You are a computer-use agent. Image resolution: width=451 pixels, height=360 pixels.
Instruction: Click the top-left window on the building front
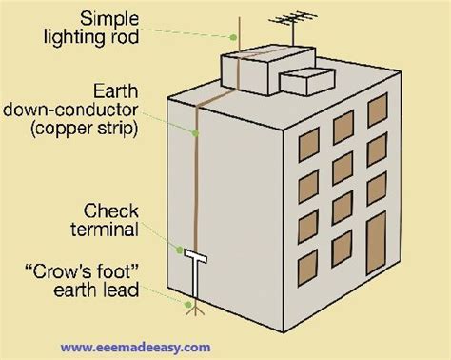pos(305,142)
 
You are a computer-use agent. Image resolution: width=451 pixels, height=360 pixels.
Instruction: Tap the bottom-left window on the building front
pos(304,258)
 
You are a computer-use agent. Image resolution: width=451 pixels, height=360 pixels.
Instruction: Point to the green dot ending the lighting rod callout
pos(231,36)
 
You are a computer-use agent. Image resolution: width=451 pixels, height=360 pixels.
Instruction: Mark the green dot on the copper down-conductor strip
pos(197,128)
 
